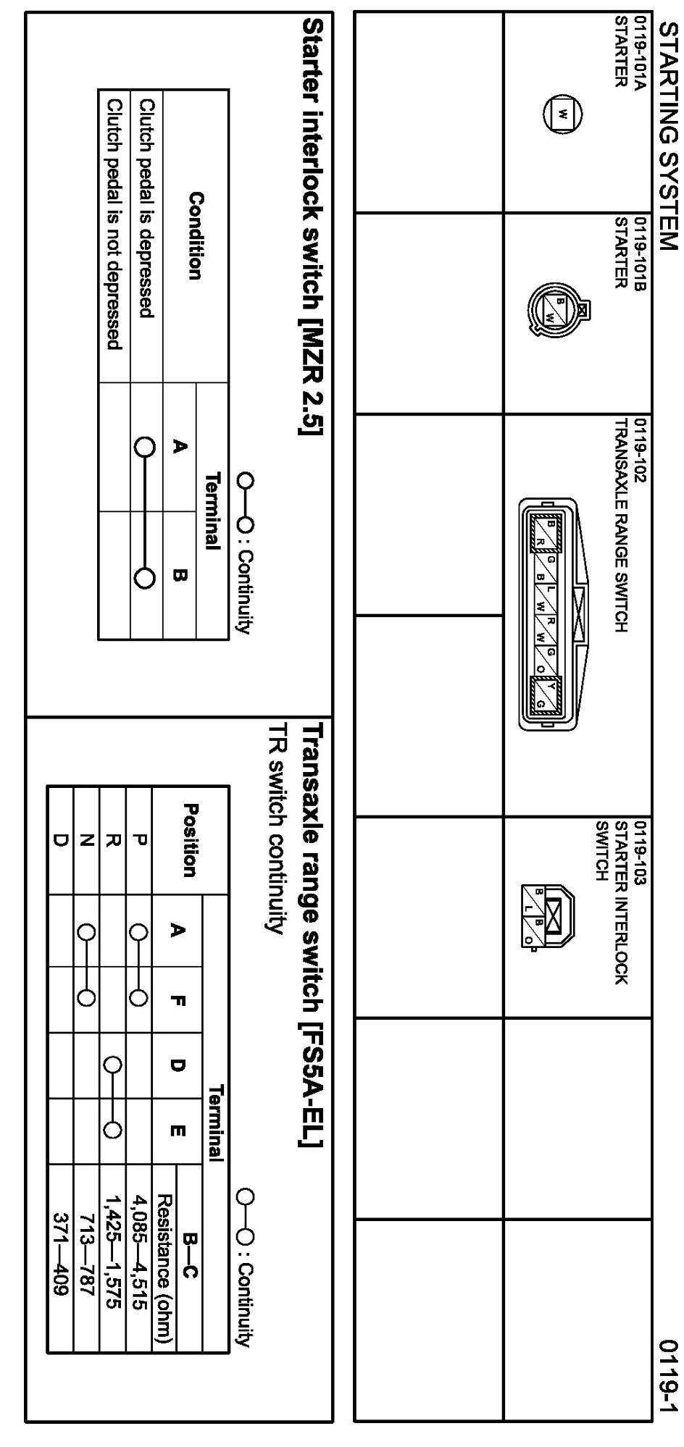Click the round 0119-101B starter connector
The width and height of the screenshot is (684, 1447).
[x=556, y=309]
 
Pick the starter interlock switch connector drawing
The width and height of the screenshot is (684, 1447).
[x=549, y=914]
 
